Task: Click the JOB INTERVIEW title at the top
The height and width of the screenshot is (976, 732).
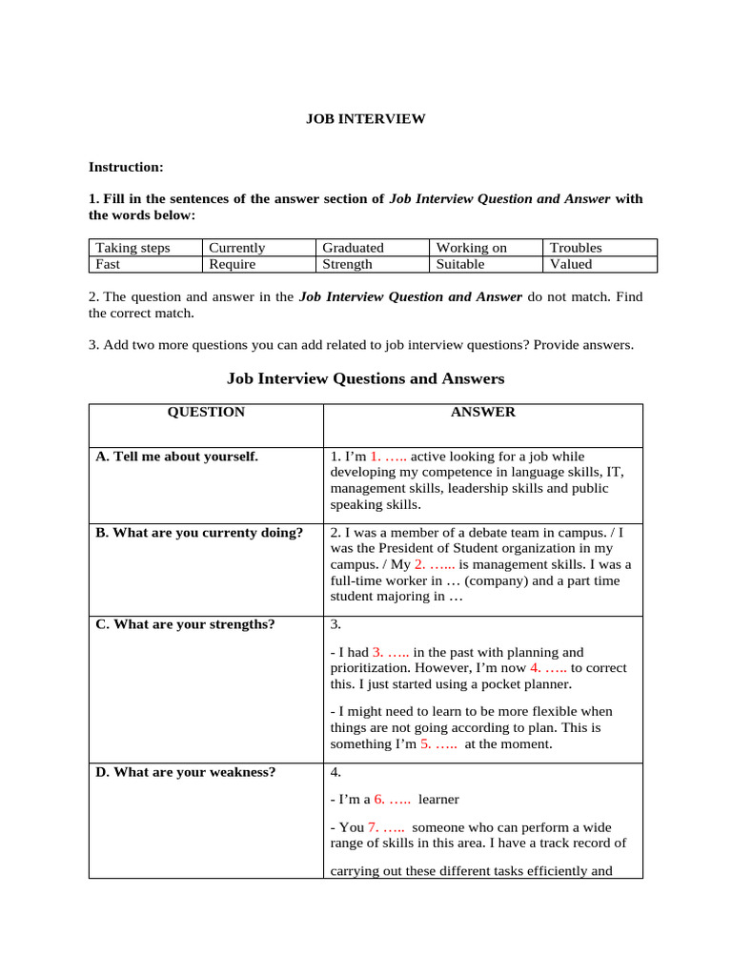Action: (365, 119)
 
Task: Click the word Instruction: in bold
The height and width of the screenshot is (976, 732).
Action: (126, 167)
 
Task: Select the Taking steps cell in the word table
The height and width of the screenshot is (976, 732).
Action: (132, 248)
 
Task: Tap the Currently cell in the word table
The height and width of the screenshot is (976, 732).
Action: (237, 248)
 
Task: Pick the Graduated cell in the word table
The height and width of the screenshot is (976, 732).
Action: (353, 248)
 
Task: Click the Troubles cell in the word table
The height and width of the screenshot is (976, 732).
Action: (576, 248)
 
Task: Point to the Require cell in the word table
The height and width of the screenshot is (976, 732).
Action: (233, 264)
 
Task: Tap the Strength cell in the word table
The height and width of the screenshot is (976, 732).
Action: (347, 264)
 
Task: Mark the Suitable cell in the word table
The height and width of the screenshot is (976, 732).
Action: (460, 264)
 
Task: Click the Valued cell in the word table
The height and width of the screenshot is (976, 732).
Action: (571, 264)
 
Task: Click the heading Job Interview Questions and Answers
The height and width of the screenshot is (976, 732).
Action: (365, 378)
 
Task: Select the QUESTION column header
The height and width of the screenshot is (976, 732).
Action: (206, 413)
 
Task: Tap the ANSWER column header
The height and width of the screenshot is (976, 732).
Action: (482, 413)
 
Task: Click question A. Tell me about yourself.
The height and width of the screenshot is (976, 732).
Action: (176, 457)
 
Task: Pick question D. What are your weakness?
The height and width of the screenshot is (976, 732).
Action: (185, 772)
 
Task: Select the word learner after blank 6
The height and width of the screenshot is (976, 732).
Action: (439, 800)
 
